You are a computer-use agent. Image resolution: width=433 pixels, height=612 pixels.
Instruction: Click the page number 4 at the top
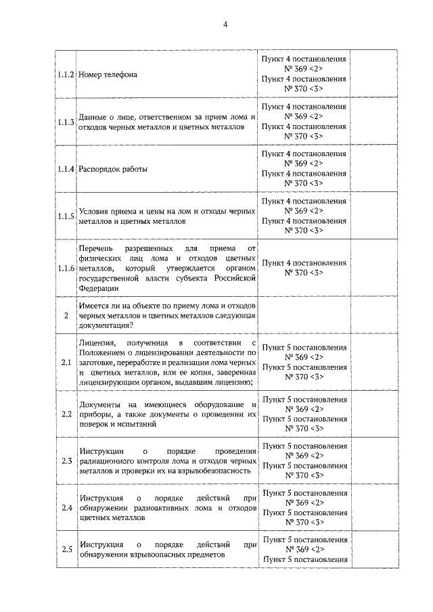pyautogui.click(x=225, y=25)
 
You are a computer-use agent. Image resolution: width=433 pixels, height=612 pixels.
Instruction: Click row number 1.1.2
pyautogui.click(x=66, y=74)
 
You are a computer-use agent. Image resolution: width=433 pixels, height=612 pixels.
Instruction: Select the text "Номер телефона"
pyautogui.click(x=108, y=74)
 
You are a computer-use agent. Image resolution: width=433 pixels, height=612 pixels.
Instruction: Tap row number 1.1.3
pyautogui.click(x=66, y=122)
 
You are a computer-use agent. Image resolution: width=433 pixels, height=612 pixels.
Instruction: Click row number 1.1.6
pyautogui.click(x=66, y=268)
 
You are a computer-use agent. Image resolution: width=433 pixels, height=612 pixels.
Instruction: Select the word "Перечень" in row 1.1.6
pyautogui.click(x=96, y=249)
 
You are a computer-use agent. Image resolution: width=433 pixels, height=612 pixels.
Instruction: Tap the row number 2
pyautogui.click(x=66, y=315)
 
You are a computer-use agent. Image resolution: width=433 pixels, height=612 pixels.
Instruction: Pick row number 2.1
pyautogui.click(x=66, y=363)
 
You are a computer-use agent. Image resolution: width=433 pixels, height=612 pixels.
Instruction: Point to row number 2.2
pyautogui.click(x=66, y=414)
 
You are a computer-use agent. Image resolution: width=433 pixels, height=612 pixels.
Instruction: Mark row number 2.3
pyautogui.click(x=66, y=461)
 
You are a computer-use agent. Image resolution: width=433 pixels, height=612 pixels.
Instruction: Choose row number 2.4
pyautogui.click(x=66, y=508)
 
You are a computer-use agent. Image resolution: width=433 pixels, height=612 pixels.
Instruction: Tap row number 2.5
pyautogui.click(x=66, y=549)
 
